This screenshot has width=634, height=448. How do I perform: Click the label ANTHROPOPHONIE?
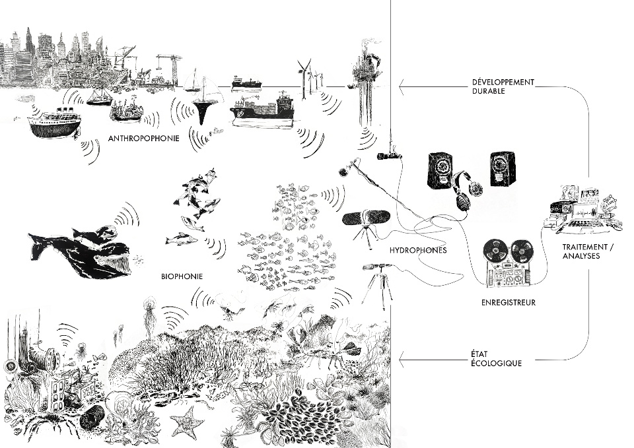pyautogui.click(x=143, y=139)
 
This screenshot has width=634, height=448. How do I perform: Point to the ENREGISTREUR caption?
pyautogui.click(x=509, y=303)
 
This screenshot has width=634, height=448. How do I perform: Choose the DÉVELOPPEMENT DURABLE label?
pyautogui.click(x=499, y=87)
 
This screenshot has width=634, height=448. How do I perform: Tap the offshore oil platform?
pyautogui.click(x=367, y=73)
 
